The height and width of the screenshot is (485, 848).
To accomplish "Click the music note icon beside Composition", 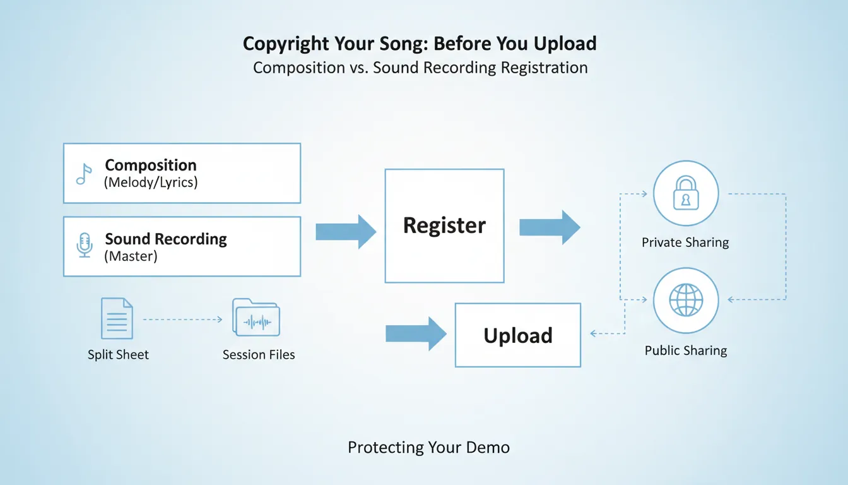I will [84, 174].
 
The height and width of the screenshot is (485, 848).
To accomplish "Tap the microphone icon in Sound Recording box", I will [84, 245].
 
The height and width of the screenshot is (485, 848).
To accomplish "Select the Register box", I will [444, 225].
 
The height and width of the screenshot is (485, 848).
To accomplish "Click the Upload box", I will [517, 335].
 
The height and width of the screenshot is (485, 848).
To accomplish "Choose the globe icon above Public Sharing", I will [685, 299].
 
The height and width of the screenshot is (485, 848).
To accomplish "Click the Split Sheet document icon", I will [117, 319].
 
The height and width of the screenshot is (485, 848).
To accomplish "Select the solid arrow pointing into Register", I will [345, 231].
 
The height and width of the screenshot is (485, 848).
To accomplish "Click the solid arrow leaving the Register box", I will [549, 227].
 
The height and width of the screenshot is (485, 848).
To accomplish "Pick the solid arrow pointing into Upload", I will [416, 333].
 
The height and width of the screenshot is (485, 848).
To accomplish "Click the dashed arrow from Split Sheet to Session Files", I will [183, 320].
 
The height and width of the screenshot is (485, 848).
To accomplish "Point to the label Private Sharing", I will [685, 242].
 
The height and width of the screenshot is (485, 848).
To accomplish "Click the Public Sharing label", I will [686, 350].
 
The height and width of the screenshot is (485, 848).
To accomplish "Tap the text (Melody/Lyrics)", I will [151, 183].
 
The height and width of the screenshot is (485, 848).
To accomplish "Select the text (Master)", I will [131, 256].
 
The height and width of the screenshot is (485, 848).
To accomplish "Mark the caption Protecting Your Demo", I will [428, 448].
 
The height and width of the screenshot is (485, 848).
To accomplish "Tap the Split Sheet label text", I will [118, 355].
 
